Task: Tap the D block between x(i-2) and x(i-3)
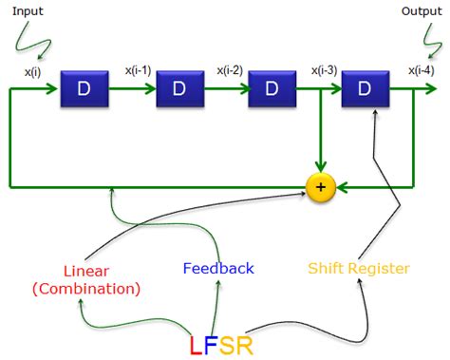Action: [272, 90]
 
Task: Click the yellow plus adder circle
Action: [321, 188]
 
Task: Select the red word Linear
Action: [86, 270]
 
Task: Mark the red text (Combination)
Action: [86, 288]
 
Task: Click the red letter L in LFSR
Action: [197, 342]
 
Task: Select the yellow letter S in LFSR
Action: [229, 342]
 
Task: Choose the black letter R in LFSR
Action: [247, 342]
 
